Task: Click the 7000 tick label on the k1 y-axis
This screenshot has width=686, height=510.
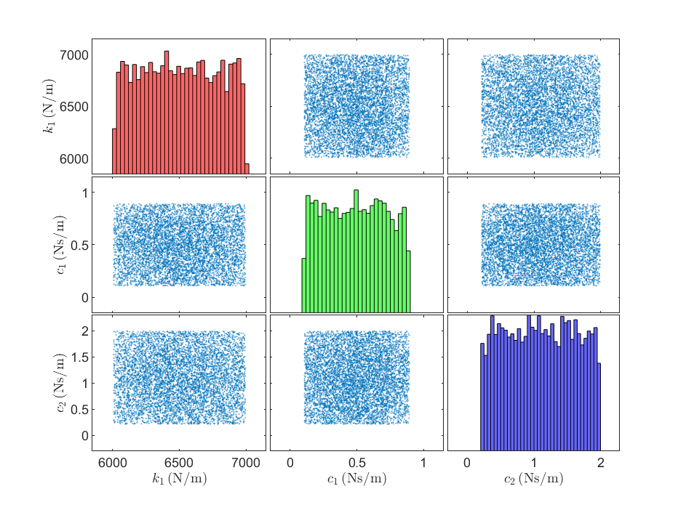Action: coord(74,55)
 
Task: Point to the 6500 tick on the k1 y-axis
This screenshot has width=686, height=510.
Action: coord(74,107)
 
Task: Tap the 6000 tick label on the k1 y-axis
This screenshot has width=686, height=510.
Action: coord(74,159)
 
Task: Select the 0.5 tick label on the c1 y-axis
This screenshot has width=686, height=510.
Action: coord(79,245)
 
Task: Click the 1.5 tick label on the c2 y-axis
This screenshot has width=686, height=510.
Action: coord(79,357)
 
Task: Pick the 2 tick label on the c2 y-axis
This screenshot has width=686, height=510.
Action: coord(85,331)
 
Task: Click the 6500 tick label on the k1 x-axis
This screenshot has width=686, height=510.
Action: coord(179,463)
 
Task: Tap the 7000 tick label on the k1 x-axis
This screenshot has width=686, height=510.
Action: coord(246,463)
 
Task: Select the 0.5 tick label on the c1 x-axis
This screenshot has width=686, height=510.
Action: coord(356,463)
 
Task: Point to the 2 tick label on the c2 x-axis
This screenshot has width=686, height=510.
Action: coord(600,463)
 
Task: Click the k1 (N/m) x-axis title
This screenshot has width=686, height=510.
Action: coord(180,479)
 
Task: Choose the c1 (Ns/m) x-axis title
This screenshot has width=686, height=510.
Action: coord(357,479)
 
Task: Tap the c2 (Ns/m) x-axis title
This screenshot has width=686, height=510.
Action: coord(534,479)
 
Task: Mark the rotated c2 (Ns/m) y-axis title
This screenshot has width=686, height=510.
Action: coord(62,383)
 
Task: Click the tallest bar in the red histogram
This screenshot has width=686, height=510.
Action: coord(167,113)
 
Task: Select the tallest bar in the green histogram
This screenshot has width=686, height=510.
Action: coord(356,251)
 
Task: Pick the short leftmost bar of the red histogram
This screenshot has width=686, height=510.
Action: coord(115,151)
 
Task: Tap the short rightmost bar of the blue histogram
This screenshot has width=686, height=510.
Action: coord(599,407)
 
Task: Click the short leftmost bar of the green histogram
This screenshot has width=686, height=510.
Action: coord(304,286)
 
